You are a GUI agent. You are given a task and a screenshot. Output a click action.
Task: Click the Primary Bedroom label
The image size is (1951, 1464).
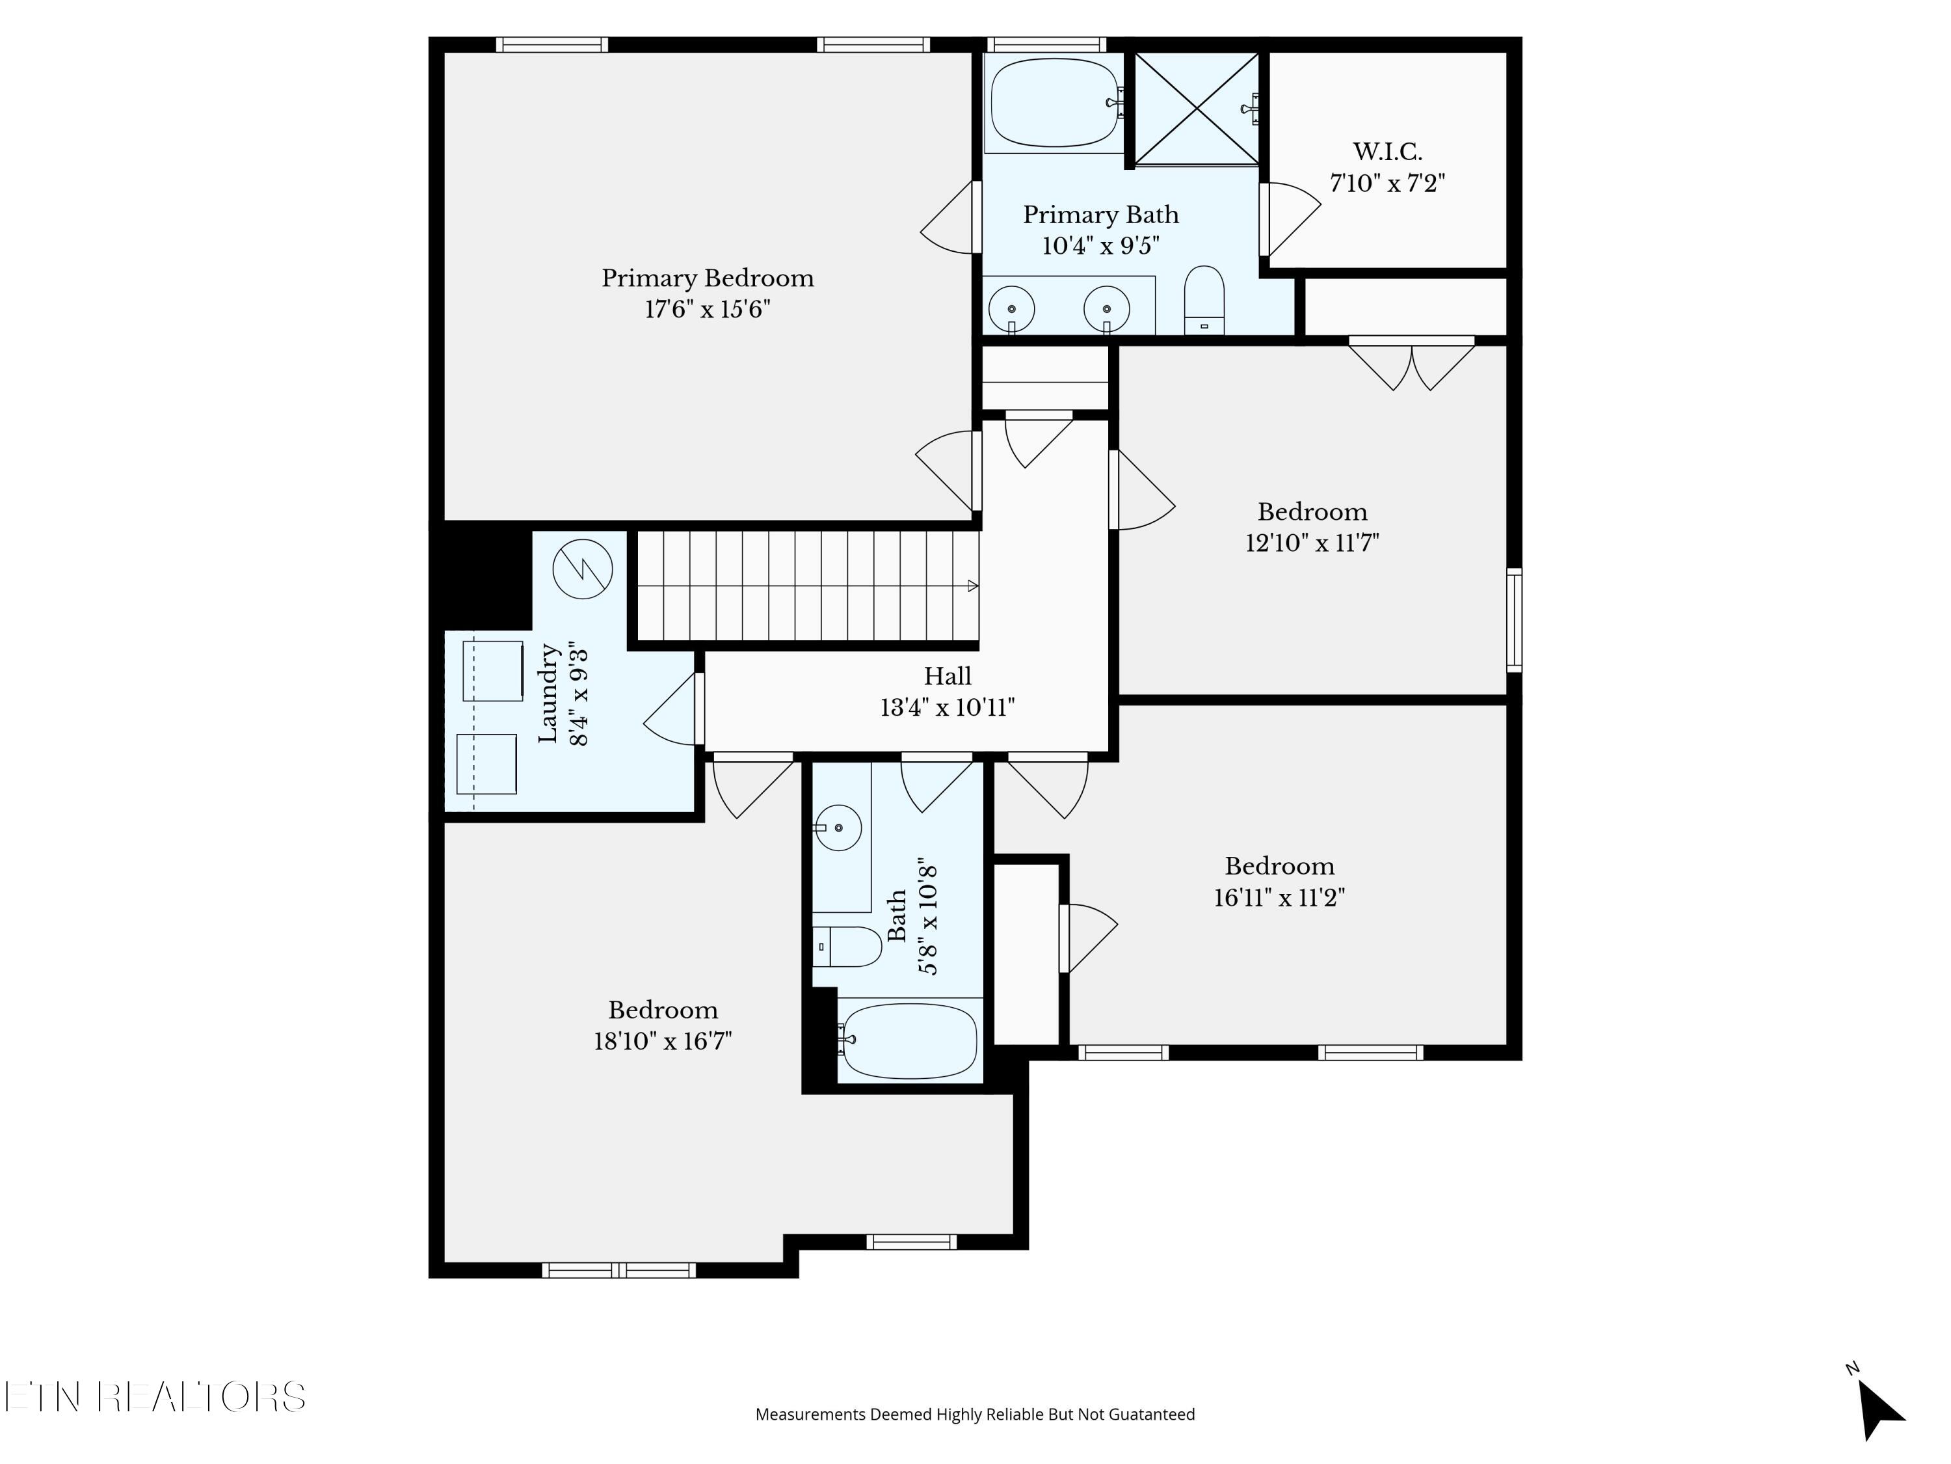[x=708, y=278]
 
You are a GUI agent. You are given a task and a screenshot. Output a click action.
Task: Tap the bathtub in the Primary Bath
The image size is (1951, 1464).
[x=1054, y=102]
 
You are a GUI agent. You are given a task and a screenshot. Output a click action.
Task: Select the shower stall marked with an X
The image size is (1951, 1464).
[x=1196, y=109]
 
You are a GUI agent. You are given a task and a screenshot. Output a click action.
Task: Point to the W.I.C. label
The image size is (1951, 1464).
[x=1387, y=151]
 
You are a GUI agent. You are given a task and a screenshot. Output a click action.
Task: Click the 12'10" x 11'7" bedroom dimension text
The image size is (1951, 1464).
[x=1312, y=542]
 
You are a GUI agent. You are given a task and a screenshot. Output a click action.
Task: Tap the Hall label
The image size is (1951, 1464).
[x=948, y=676]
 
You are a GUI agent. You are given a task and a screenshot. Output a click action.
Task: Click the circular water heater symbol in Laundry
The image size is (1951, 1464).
[x=582, y=568]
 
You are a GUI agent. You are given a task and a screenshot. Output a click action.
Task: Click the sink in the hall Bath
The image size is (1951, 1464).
[x=837, y=828]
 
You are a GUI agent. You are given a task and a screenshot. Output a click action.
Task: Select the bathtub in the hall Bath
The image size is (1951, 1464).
[x=909, y=1041]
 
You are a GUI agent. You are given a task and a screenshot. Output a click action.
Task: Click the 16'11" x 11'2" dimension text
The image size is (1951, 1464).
[x=1279, y=897]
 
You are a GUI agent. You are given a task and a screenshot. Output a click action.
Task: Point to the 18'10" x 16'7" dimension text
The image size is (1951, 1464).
[x=663, y=1041]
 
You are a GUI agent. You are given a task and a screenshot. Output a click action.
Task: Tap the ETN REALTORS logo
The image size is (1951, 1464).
[x=155, y=1397]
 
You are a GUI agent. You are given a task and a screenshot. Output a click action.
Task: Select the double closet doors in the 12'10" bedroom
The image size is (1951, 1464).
[x=1411, y=364]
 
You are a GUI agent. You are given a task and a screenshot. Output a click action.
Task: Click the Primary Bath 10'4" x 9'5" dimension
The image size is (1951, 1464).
[x=1101, y=245]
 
